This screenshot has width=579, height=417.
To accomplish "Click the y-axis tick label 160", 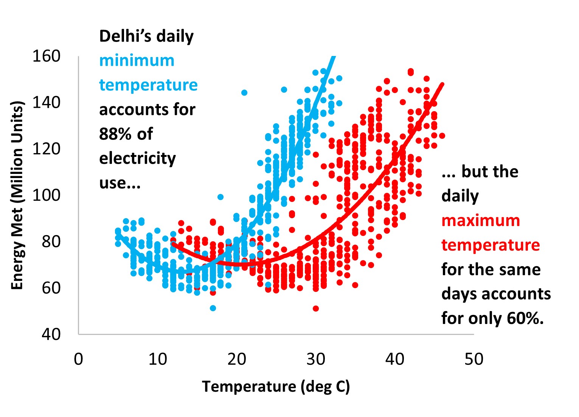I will point(46,56).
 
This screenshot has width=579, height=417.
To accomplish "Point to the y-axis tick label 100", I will point(46,195).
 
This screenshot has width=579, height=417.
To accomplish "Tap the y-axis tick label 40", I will point(51,334).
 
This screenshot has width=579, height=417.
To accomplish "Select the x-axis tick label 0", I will point(78,359).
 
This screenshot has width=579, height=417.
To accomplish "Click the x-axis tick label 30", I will point(315,359).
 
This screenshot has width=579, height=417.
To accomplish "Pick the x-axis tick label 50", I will point(473,359).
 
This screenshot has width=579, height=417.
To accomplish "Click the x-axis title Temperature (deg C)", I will point(276,386).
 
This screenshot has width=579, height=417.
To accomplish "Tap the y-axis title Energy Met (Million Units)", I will point(17,195).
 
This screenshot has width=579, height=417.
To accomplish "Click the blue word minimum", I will point(137,60).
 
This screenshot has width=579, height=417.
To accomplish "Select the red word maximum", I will point(480,220).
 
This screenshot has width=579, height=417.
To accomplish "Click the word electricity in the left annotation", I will point(137,158).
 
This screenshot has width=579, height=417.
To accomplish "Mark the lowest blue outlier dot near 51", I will point(213,308).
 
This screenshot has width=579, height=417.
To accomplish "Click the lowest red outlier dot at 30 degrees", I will point(316,308).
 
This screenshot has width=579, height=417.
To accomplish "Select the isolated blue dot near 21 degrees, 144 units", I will point(244,93).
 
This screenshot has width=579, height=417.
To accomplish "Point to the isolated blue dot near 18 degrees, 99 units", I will point(220,197).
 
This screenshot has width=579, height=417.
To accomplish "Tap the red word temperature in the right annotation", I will point(490,245).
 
